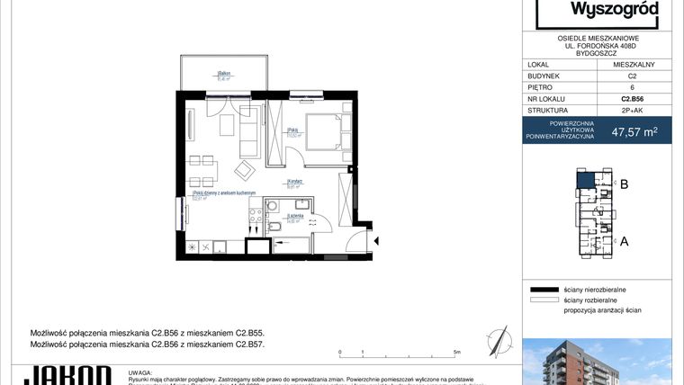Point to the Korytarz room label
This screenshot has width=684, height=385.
[293, 182]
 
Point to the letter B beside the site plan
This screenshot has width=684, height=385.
[623, 184]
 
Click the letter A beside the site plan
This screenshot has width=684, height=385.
[623, 241]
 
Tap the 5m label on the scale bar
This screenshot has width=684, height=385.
[457, 353]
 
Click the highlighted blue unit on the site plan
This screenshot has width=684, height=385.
[585, 181]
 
